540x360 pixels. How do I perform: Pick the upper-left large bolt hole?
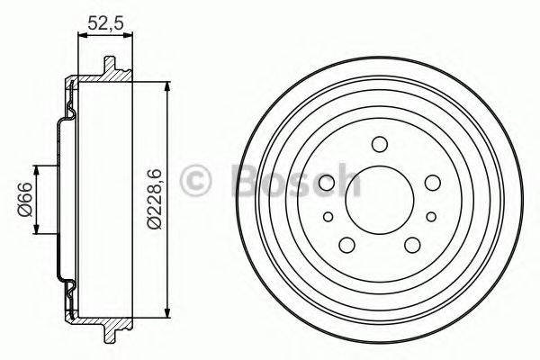pyautogui.click(x=328, y=184)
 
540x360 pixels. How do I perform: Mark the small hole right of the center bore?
pyautogui.click(x=432, y=216)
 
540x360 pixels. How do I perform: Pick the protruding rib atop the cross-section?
pyautogui.click(x=111, y=67)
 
